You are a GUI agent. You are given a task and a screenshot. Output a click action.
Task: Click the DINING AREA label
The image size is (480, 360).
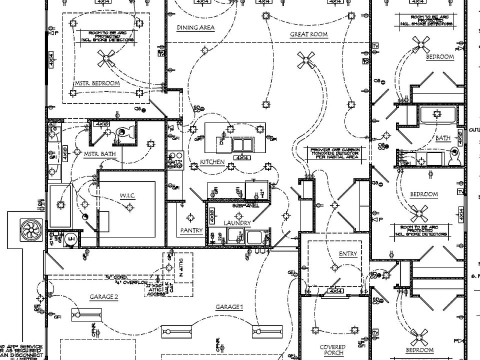point(196,28)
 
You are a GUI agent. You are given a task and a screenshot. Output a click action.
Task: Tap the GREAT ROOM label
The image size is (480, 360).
point(308,34)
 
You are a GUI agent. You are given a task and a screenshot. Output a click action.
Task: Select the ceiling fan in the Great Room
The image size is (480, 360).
point(305,60)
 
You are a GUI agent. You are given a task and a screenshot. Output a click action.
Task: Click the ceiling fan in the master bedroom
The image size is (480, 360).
point(106,58)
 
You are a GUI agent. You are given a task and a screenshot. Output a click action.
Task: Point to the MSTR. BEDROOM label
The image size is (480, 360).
point(97,83)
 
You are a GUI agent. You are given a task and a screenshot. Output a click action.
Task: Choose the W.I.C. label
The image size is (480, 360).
point(127,195)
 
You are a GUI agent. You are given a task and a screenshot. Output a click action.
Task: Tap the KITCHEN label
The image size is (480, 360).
point(212,162)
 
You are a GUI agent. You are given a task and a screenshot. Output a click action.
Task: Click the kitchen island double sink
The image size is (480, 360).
point(242,145)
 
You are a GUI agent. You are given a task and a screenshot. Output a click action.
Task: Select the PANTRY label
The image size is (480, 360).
point(191,230)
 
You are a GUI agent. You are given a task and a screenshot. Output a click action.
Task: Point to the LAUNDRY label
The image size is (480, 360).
point(237,222)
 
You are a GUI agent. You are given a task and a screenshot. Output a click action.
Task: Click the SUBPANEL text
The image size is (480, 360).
point(245,205)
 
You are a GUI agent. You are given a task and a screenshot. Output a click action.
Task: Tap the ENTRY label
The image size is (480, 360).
point(348,253)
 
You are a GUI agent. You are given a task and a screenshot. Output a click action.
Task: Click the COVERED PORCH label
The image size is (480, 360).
point(333,350)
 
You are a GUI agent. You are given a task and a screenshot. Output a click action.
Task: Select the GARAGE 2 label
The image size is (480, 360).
point(104,297)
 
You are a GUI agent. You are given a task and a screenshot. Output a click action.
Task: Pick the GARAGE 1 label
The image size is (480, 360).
point(229,306)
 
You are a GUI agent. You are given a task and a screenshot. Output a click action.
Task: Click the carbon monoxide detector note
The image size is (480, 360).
point(334,153)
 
